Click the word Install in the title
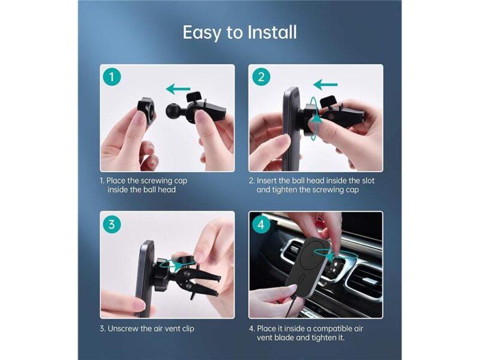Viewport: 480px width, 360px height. click(272, 32)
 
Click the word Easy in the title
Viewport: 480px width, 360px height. click(202, 32)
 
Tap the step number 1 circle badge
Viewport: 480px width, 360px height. click(112, 77)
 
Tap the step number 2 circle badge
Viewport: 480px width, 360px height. click(260, 77)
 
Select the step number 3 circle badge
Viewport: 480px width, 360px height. click(112, 225)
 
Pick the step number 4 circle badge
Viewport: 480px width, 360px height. click(260, 225)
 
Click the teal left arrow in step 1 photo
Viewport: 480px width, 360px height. click(178, 89)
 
